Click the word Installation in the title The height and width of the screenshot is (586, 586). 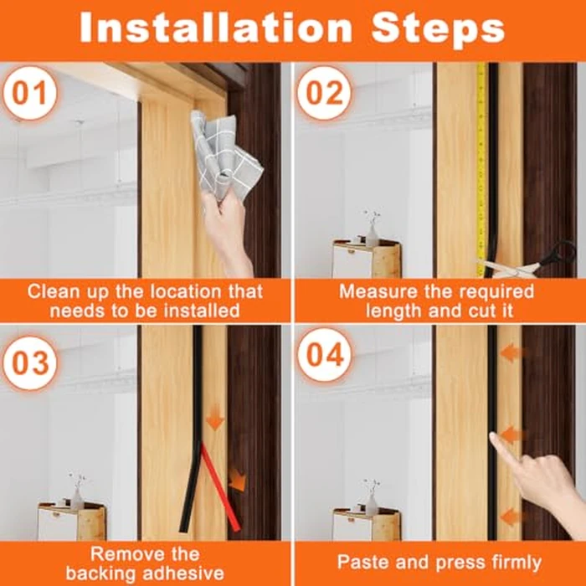pos(216,28)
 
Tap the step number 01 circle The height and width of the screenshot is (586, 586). pos(29,93)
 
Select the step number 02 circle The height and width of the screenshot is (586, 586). pos(325,93)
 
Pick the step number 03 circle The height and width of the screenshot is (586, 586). pos(29,363)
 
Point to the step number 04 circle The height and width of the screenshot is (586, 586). pos(325,355)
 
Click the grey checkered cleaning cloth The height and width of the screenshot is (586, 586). pos(224,157)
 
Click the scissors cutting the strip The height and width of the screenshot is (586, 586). pos(531,261)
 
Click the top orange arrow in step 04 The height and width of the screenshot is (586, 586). pos(513,352)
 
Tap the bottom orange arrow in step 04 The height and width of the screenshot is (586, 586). pos(513,517)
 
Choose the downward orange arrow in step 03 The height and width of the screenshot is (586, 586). pos(215,419)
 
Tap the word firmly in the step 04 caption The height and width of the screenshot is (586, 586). pos(515,562)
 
